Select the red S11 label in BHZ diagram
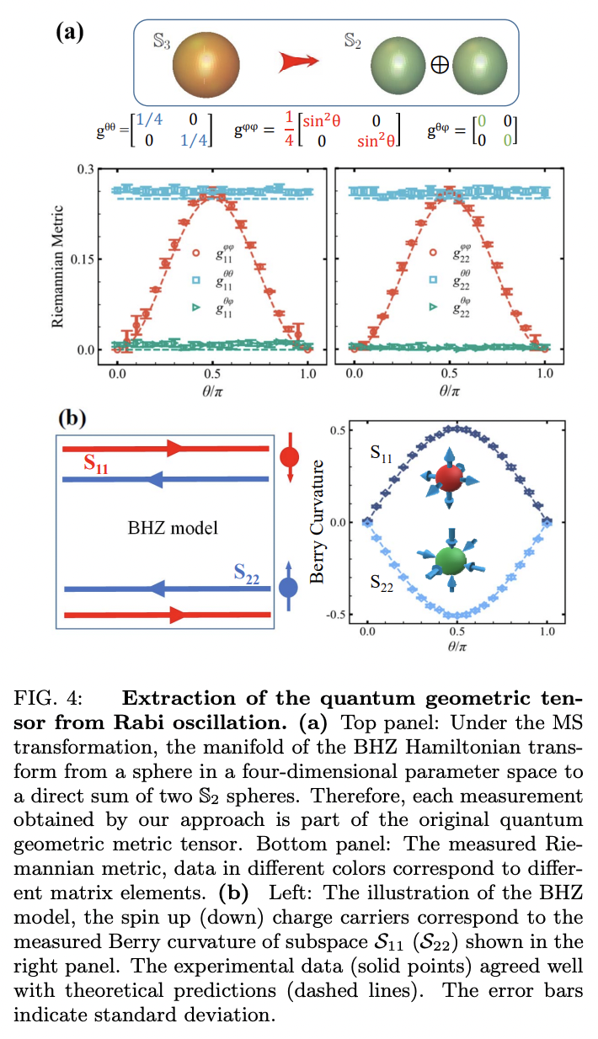tap(98, 463)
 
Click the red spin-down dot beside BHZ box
tap(289, 457)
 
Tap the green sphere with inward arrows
tap(451, 562)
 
